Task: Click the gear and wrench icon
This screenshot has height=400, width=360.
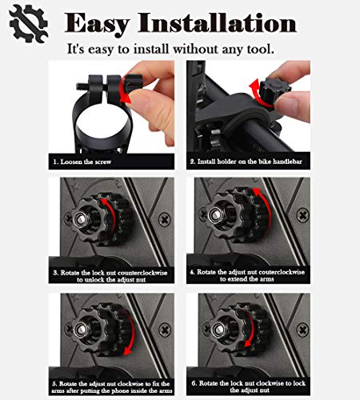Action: [x=28, y=23]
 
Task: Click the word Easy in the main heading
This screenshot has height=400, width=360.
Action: [x=97, y=24]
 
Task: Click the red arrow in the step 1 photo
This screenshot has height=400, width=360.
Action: [x=123, y=90]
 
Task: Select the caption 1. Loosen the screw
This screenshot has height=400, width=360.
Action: [x=82, y=162]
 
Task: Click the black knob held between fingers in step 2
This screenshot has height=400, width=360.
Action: [x=274, y=87]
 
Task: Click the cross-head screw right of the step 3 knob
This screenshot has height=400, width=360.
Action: [x=165, y=220]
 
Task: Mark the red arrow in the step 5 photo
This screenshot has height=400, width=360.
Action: [x=130, y=332]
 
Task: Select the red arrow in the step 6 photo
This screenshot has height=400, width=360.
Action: [x=250, y=329]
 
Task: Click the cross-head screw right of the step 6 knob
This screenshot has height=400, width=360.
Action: [x=302, y=330]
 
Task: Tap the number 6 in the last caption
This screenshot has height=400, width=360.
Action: [x=194, y=383]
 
